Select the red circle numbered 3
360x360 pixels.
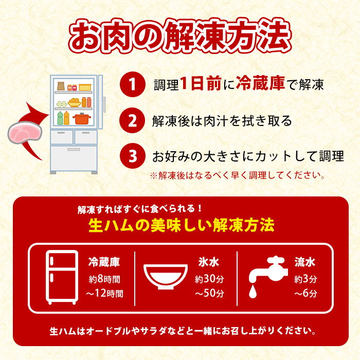tap(132, 156)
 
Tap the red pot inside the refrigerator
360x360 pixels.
tap(81, 119)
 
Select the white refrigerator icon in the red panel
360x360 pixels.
tap(62, 278)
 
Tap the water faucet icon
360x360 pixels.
tap(267, 270)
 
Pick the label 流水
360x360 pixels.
tap(305, 263)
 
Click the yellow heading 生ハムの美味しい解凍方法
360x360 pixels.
tap(181, 225)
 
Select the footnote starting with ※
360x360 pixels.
tap(237, 175)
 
